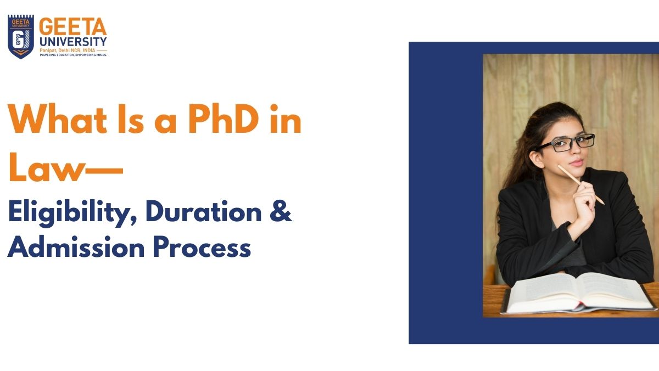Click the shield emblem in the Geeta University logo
pyautogui.click(x=21, y=37)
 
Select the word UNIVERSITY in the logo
pyautogui.click(x=72, y=41)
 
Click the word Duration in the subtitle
pyautogui.click(x=200, y=213)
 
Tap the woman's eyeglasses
pyautogui.click(x=566, y=143)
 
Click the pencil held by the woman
pyautogui.click(x=582, y=185)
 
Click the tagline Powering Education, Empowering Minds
pyautogui.click(x=72, y=55)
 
